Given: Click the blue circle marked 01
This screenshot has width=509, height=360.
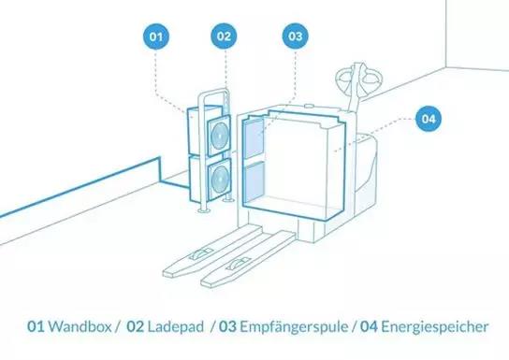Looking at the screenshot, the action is click(x=156, y=36).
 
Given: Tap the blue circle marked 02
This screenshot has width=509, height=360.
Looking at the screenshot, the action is click(x=224, y=36).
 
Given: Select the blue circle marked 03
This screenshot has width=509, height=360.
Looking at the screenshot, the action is click(x=295, y=36).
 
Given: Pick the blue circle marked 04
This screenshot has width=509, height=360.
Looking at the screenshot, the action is click(x=429, y=119).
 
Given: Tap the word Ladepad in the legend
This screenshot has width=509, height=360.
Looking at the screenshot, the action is click(x=176, y=326).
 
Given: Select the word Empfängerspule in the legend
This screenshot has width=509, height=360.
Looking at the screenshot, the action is click(x=294, y=326).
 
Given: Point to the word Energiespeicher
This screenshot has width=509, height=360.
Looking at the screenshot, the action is click(x=435, y=326).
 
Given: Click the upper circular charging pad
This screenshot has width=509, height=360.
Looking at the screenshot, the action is click(x=219, y=136).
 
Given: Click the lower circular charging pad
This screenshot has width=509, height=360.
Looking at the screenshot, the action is click(x=220, y=179).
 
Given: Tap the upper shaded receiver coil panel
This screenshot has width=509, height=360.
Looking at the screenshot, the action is click(x=254, y=138).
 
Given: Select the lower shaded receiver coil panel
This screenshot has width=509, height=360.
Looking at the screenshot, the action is click(x=254, y=182).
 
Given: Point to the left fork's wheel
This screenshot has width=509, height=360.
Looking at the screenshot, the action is click(x=200, y=253).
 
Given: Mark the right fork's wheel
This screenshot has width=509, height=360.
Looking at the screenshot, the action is click(x=239, y=264).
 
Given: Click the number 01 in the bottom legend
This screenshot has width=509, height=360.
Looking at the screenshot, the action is click(x=36, y=326).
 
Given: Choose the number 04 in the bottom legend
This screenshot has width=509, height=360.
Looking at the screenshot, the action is click(x=369, y=326).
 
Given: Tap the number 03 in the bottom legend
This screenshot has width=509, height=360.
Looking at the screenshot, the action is click(x=227, y=326).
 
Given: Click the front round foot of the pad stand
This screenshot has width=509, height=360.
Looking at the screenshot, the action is click(x=204, y=211).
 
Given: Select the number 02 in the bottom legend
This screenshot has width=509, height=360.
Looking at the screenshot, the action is click(x=135, y=326).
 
